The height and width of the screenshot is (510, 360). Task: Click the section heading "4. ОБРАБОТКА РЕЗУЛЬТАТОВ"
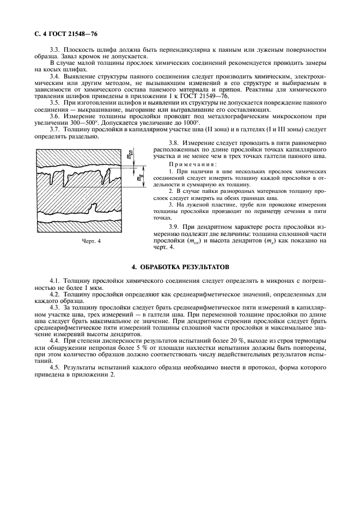[180, 267]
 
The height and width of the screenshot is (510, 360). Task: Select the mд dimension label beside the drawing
[141, 177]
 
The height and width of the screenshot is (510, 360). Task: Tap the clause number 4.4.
[55, 339]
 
